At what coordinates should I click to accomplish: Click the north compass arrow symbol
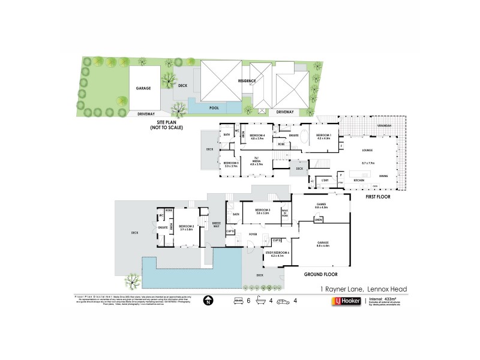tap(208, 300)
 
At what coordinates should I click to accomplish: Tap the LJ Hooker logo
tap(351, 301)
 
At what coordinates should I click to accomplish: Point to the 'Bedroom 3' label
tap(263, 211)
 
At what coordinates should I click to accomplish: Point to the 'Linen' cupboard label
tap(318, 220)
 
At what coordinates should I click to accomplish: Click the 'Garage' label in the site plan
tap(143, 88)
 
